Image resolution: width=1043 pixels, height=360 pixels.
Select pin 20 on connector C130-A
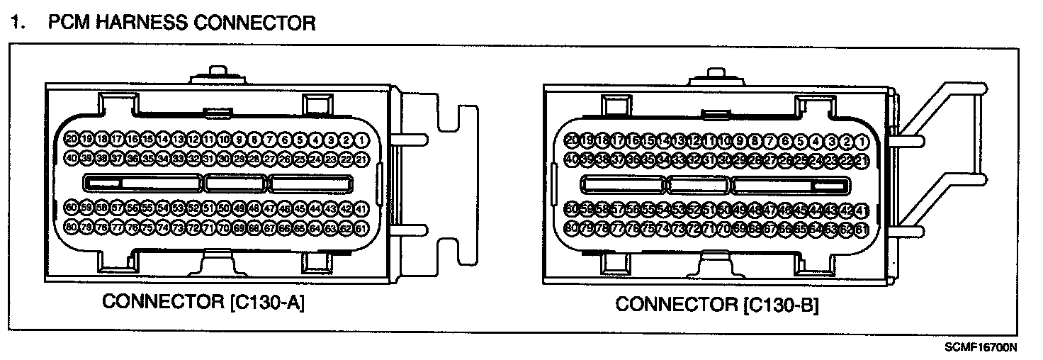click(x=71, y=139)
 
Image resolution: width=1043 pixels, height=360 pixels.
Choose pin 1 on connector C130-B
click(x=862, y=142)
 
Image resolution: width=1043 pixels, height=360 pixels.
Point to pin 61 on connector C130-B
click(x=862, y=229)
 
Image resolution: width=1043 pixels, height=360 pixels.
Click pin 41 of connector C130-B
click(x=862, y=210)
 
